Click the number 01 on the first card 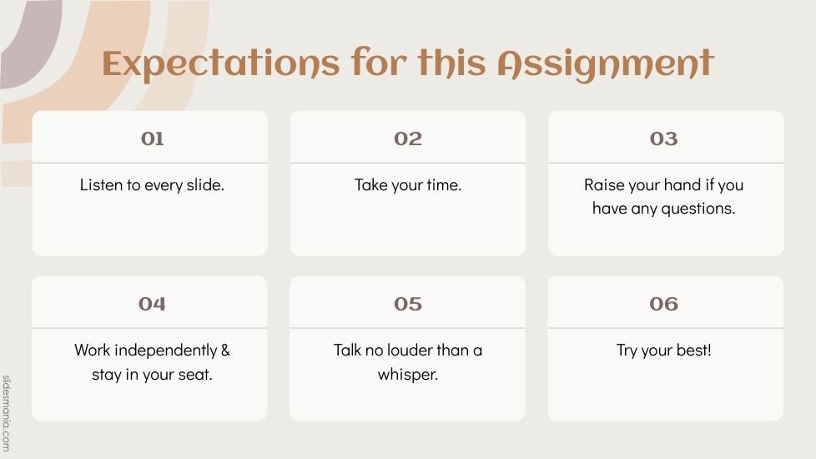coord(152,139)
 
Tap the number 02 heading coord(408,139)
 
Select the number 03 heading coord(663,139)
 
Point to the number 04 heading coord(152,304)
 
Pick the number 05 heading coord(408,304)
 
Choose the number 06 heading coord(663,304)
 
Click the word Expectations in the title coord(221,64)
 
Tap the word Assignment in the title coord(606,64)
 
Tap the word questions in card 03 coord(698,209)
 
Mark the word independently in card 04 coord(165,351)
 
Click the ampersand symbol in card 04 coord(225,351)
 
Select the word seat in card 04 coord(196,375)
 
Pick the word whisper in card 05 coord(408,375)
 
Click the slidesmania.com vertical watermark coord(6,413)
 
